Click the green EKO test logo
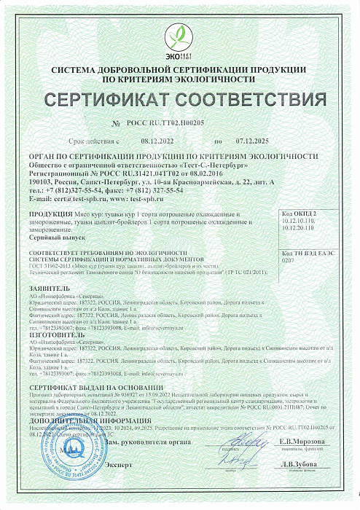tap(179, 37)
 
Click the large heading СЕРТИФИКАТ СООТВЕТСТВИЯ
tap(179, 98)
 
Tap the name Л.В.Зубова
tap(299, 464)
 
